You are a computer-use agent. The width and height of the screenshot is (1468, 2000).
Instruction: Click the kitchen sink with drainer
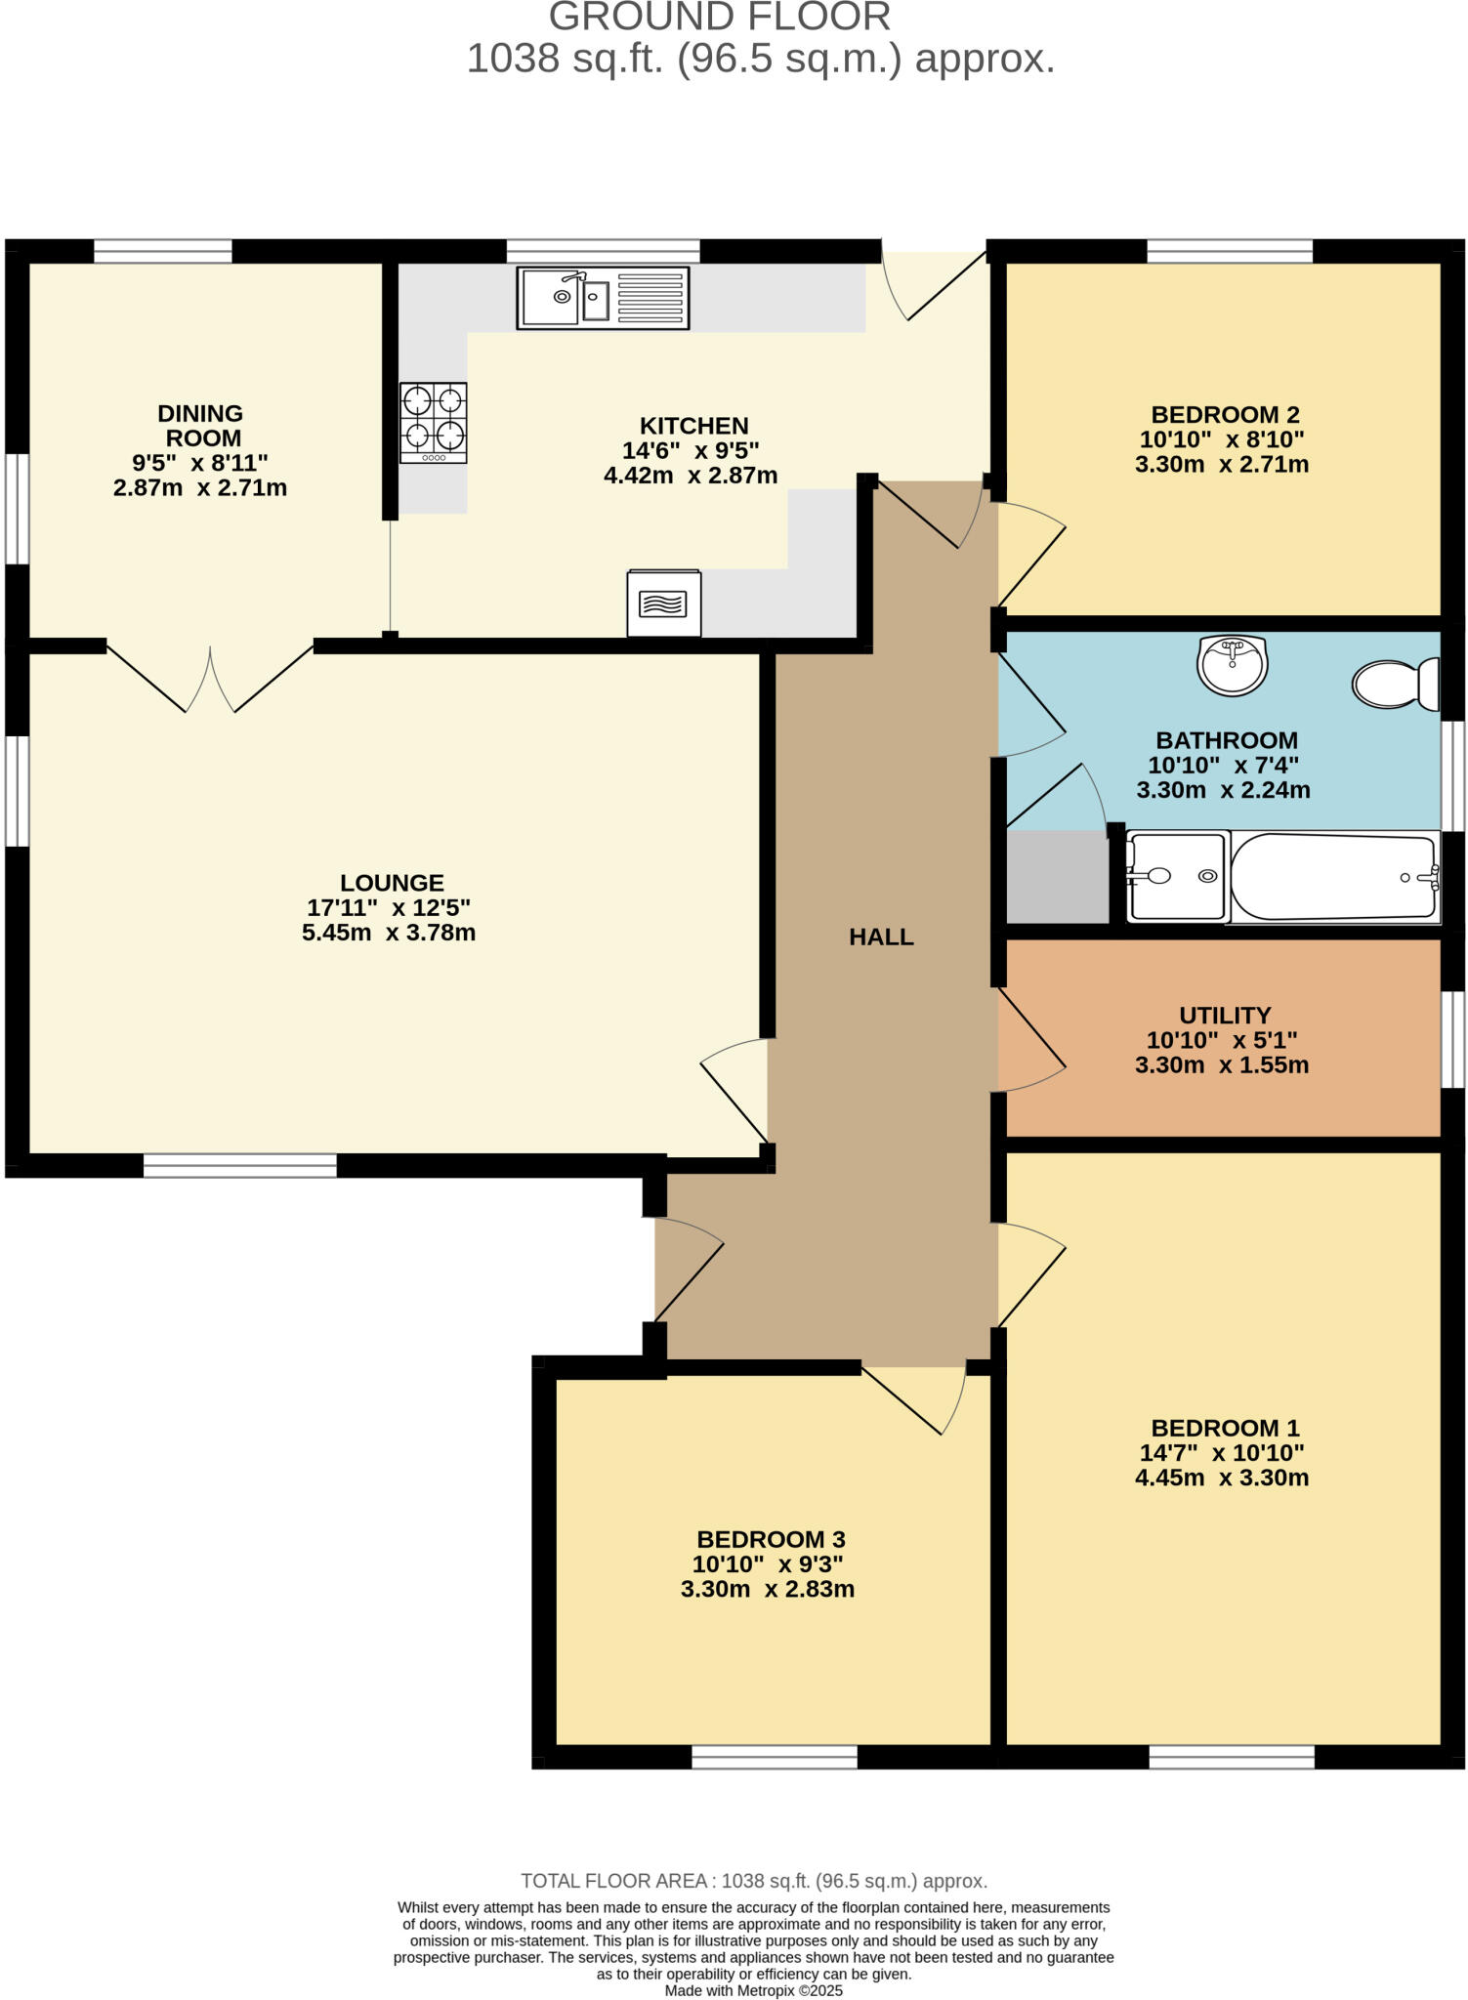tap(603, 298)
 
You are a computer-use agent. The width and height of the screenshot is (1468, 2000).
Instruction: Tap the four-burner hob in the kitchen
tap(433, 422)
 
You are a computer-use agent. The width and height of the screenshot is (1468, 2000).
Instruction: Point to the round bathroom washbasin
tap(1232, 665)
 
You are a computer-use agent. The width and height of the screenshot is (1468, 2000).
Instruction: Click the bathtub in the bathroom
tap(1333, 876)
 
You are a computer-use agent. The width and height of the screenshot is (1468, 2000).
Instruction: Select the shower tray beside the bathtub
tap(1177, 876)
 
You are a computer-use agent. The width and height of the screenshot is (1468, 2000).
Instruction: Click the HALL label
tap(881, 937)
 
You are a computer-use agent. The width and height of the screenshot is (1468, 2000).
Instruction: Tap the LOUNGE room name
tap(392, 883)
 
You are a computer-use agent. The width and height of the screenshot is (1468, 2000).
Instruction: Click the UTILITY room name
tap(1224, 1015)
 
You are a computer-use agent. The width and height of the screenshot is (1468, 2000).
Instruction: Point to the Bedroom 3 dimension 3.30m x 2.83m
tap(768, 1589)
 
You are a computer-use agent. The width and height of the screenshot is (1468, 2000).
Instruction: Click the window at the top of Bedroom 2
tap(1229, 252)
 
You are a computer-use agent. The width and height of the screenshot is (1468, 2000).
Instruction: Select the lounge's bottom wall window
tap(240, 1165)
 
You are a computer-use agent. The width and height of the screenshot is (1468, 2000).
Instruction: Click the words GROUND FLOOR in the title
tap(720, 18)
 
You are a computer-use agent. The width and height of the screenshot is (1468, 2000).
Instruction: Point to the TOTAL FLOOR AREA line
tap(753, 1881)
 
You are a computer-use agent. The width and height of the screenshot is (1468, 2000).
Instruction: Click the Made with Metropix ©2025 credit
tap(753, 1990)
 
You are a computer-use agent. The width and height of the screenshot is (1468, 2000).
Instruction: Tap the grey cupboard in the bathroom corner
tap(1056, 876)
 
